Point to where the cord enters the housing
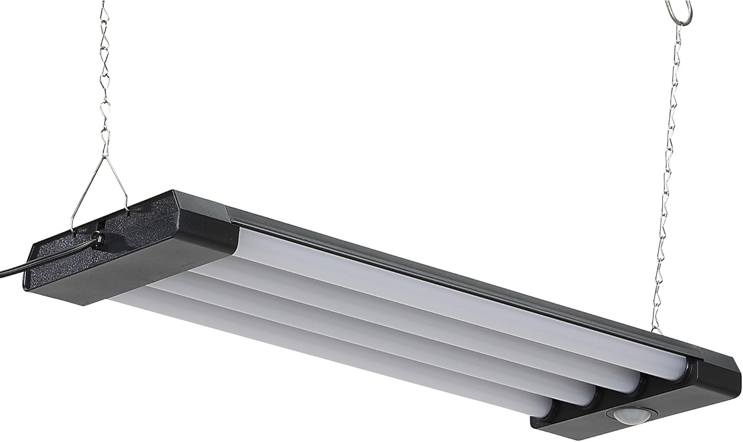[99, 239]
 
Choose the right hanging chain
[669, 173]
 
